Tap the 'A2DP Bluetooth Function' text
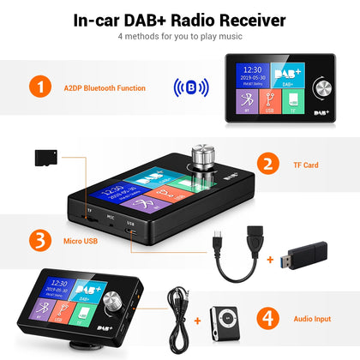(x=110, y=87)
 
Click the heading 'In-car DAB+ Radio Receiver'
(x=180, y=19)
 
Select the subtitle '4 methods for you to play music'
(x=180, y=38)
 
